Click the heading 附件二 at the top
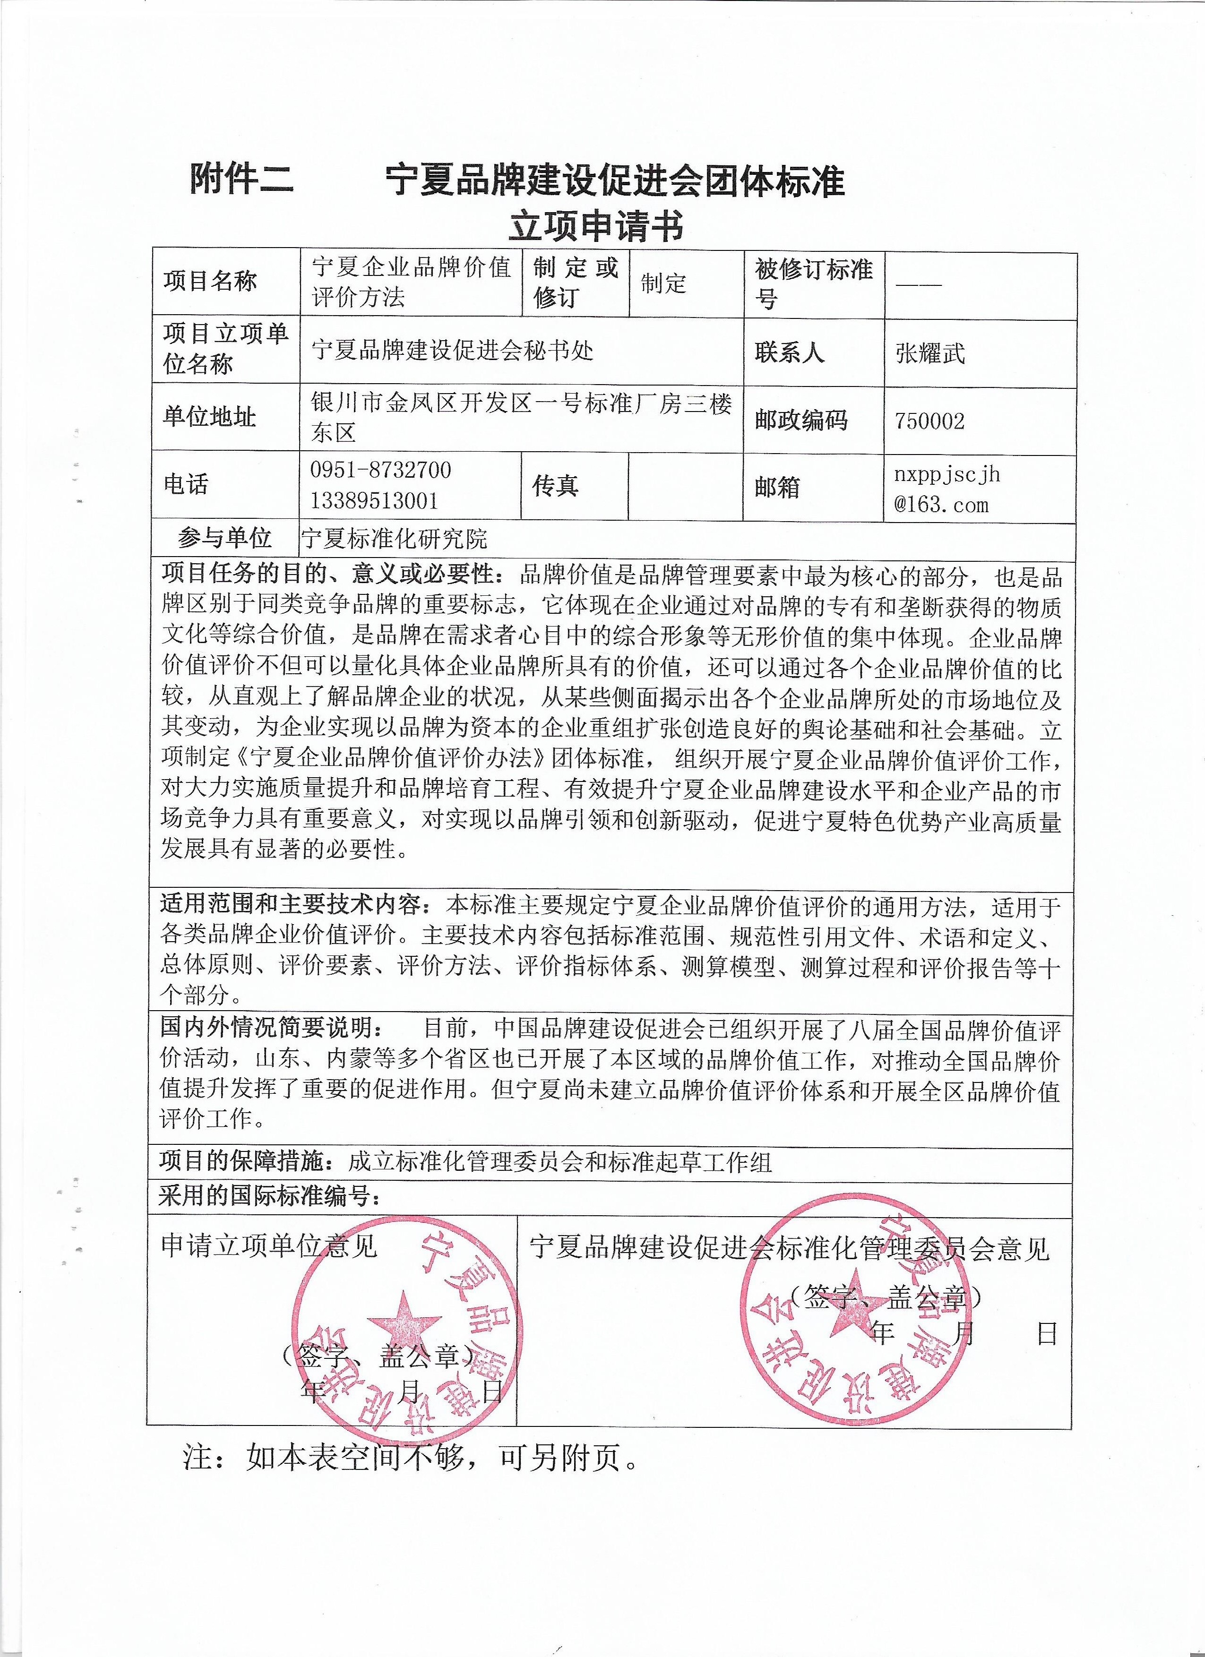[241, 180]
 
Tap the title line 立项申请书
[596, 227]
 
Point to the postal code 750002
[930, 421]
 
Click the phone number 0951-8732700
[381, 470]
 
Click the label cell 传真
[555, 486]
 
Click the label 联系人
[790, 353]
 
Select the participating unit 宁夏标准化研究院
[395, 539]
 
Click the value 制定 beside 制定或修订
[663, 282]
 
